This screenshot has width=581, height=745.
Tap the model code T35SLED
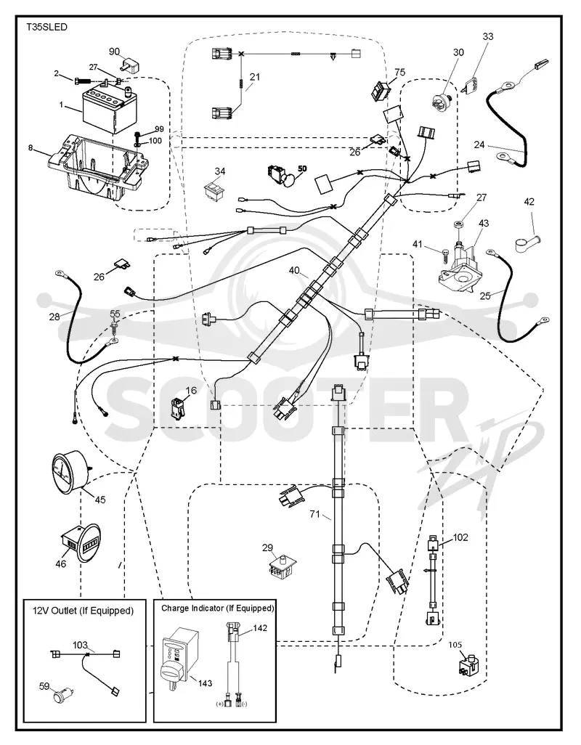[46, 27]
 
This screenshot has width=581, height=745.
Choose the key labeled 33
[471, 84]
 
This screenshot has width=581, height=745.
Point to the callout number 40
[294, 270]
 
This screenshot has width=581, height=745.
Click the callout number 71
[314, 514]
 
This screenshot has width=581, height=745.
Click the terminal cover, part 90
[130, 62]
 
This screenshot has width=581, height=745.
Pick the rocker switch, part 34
[214, 189]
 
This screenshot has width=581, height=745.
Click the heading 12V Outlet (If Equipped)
[83, 611]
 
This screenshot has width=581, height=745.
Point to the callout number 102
[460, 537]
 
